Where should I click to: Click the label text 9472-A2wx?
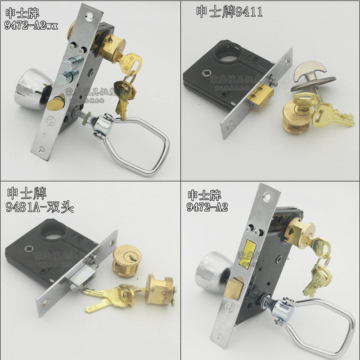[31, 26]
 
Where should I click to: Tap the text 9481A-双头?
[40, 207]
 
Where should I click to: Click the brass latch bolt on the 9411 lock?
[260, 98]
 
